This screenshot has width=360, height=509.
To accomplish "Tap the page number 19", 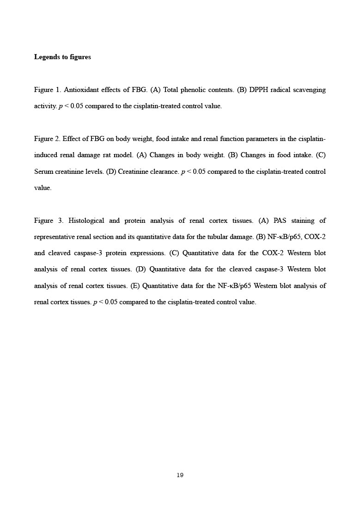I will pyautogui.click(x=180, y=475).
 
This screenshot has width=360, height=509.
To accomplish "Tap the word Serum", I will pyautogui.click(x=43, y=172).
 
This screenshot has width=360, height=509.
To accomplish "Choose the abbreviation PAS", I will pyautogui.click(x=281, y=221).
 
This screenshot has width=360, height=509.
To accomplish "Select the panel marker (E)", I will pyautogui.click(x=135, y=286).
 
